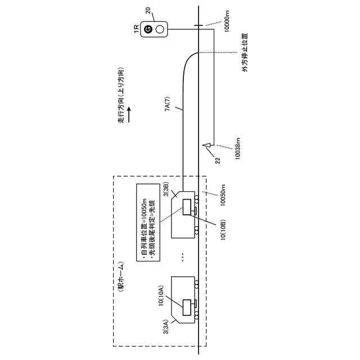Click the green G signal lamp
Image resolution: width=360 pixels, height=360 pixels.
tap(148, 29)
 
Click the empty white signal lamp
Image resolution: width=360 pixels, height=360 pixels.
tap(160, 29)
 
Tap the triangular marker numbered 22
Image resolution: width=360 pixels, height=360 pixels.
tap(207, 146)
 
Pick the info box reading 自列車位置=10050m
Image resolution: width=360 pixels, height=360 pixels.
tap(148, 222)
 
